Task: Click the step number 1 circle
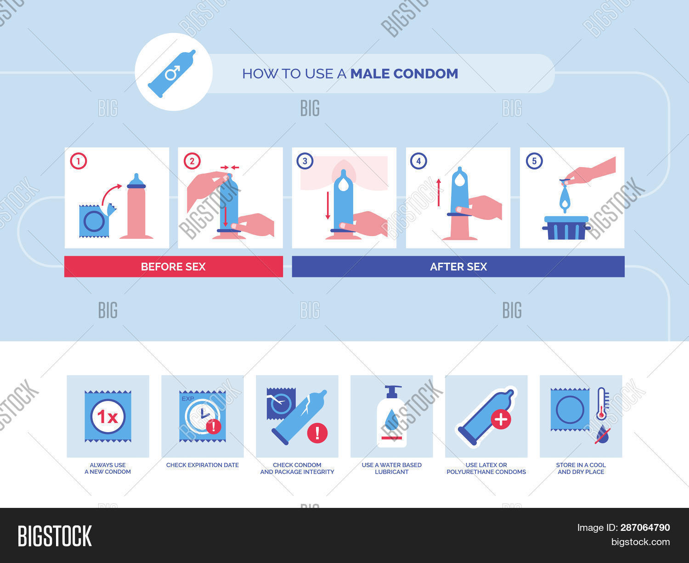[x=79, y=161]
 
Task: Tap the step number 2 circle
[x=192, y=161]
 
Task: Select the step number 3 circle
[x=305, y=161]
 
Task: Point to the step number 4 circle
[x=418, y=161]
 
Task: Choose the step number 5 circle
[x=534, y=161]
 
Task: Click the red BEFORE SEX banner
[x=173, y=267]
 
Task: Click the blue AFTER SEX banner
[x=458, y=267]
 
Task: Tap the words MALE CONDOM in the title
[x=404, y=73]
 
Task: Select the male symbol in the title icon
[x=173, y=73]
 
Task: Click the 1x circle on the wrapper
[x=108, y=417]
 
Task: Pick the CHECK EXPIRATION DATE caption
[x=203, y=465]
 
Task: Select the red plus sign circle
[x=501, y=419]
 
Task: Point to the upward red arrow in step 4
[x=439, y=192]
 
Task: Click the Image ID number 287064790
[x=645, y=528]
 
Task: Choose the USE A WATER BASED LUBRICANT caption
[x=392, y=468]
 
